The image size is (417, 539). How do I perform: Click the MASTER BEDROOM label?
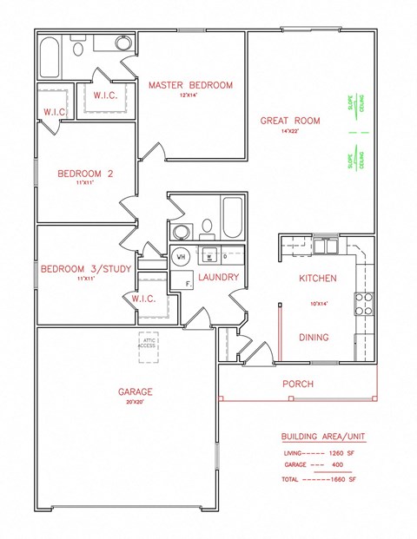[x=190, y=84]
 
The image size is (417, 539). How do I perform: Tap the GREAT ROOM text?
[x=290, y=121]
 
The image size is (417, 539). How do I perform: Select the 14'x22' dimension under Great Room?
[x=290, y=131]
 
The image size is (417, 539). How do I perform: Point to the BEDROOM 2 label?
[x=86, y=174]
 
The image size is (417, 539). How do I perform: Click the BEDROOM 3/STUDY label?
[x=86, y=269]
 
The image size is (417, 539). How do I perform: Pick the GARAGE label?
[x=136, y=391]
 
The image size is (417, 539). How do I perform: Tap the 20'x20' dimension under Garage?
[x=136, y=402]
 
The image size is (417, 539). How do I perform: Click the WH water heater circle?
[x=182, y=257]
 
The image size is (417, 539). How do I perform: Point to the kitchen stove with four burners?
[x=364, y=302]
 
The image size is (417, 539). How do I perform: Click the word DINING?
[x=314, y=338]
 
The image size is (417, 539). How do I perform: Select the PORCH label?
[x=298, y=384]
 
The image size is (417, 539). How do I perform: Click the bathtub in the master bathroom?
[x=49, y=58]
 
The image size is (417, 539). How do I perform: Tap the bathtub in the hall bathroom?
[x=233, y=219]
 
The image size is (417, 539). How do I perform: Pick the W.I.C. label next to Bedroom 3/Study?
[x=143, y=299]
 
